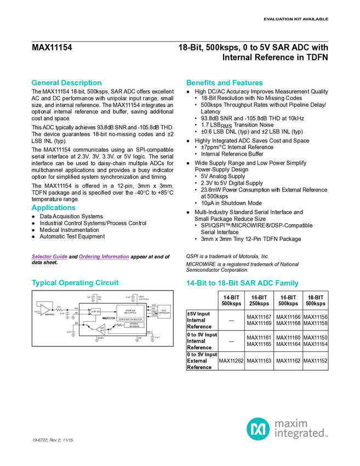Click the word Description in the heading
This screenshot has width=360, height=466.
pos(82,83)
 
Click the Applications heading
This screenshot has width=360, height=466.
pos(53,208)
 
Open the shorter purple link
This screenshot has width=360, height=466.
pos(49,257)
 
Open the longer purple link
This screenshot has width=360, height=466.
pos(104,257)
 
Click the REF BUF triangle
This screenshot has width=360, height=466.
pos(101,329)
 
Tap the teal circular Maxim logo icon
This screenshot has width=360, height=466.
pos(258,428)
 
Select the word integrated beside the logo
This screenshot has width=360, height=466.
pos(301,434)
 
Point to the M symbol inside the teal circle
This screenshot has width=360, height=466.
pos(258,428)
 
